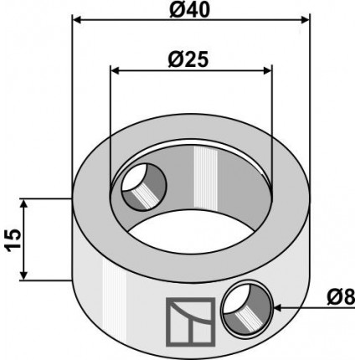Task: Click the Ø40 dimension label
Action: (189, 10)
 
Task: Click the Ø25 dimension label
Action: (188, 59)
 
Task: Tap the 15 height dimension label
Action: (13, 240)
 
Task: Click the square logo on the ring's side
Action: (191, 322)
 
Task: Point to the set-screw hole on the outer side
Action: (247, 308)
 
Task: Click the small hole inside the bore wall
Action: (144, 187)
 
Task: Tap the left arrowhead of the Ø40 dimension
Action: (77, 20)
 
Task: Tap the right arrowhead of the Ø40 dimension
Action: (305, 20)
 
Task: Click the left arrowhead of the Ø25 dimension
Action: (116, 71)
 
